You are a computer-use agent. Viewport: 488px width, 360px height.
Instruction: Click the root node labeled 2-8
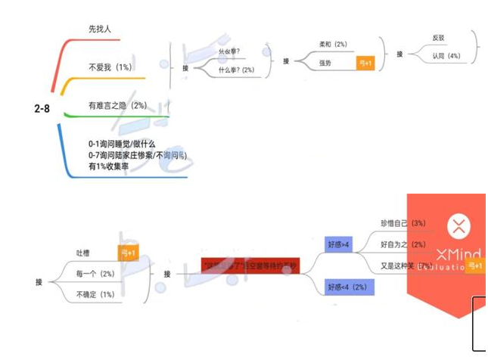pyautogui.click(x=42, y=109)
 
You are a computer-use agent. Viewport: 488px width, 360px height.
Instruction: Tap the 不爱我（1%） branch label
pyautogui.click(x=110, y=67)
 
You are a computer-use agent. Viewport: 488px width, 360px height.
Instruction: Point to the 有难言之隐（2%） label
pyautogui.click(x=117, y=106)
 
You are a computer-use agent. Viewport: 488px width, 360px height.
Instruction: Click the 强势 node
pyautogui.click(x=325, y=63)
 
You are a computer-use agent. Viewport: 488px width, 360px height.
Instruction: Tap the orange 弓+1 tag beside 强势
pyautogui.click(x=365, y=64)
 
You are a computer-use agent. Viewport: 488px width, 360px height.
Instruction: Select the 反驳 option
pyautogui.click(x=438, y=38)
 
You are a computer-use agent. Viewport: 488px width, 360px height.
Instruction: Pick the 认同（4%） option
pyautogui.click(x=446, y=56)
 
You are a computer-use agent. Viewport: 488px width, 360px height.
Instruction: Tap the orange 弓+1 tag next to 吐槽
pyautogui.click(x=127, y=253)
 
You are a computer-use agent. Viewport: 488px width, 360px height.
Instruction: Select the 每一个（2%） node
pyautogui.click(x=95, y=273)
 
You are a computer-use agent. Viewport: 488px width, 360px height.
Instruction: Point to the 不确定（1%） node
pyautogui.click(x=95, y=293)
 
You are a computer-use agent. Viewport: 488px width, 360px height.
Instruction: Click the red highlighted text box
pyautogui.click(x=250, y=265)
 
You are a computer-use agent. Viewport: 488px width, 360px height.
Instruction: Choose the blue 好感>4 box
pyautogui.click(x=339, y=244)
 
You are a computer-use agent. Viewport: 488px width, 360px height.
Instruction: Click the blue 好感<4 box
pyautogui.click(x=346, y=287)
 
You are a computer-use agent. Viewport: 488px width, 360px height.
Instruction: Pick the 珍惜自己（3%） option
pyautogui.click(x=403, y=223)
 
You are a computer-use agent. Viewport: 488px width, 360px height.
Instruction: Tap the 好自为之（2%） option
pyautogui.click(x=403, y=244)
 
